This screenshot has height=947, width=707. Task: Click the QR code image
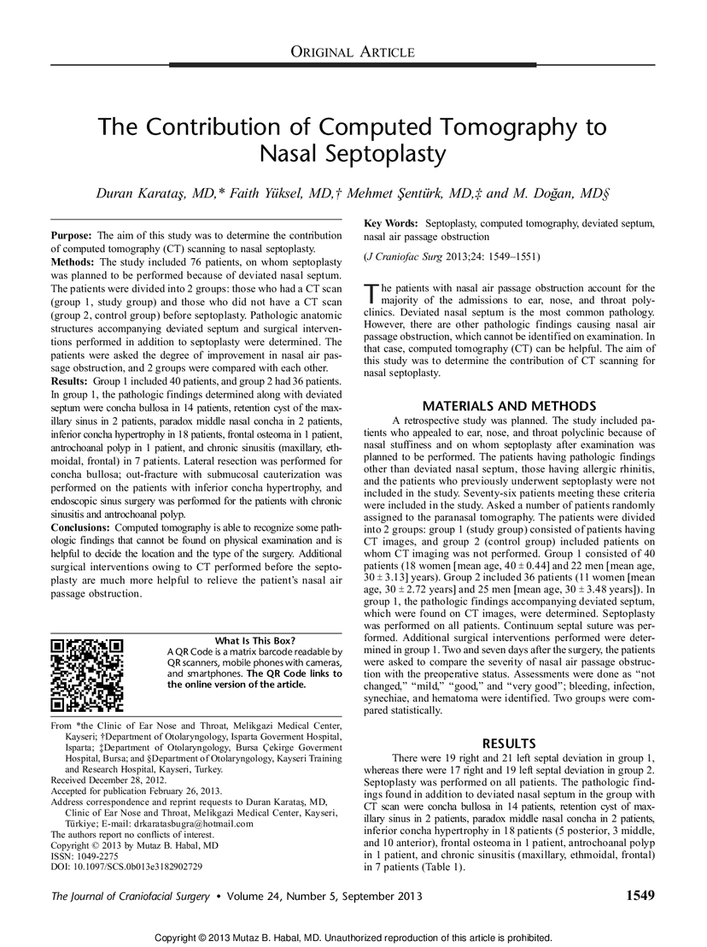87,675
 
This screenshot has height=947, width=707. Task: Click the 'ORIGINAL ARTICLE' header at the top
353,52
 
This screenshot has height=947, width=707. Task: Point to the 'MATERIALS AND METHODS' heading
510,405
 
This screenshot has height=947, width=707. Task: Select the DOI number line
127,866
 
